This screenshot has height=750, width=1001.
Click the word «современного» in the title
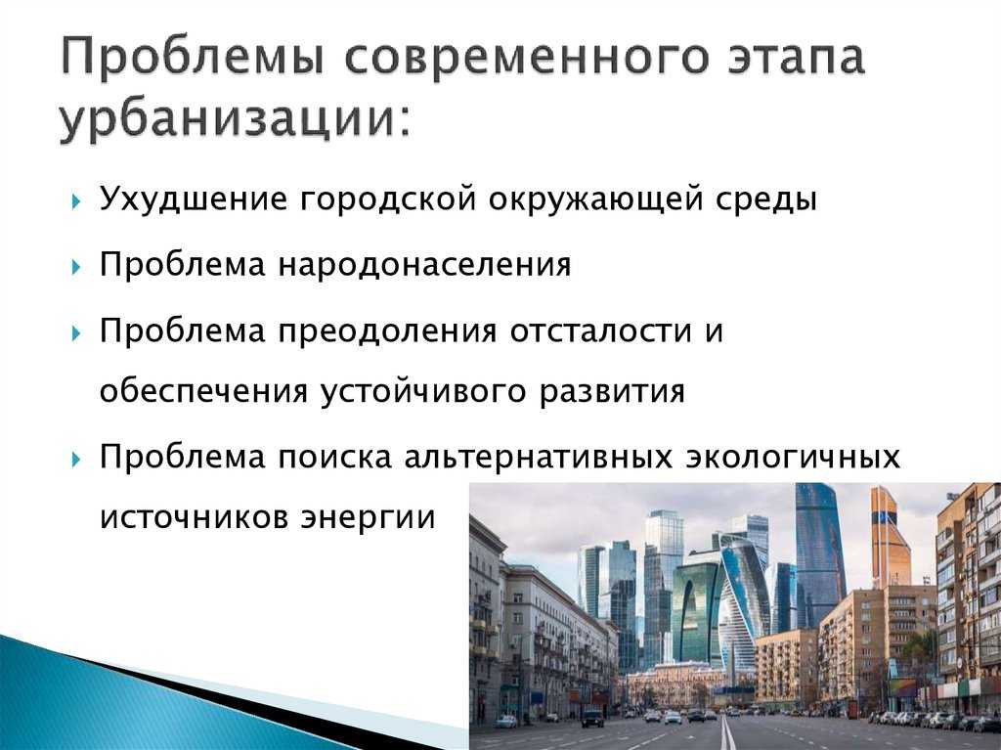[526, 57]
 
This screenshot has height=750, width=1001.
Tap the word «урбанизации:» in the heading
[234, 120]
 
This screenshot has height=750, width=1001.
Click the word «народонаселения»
[424, 265]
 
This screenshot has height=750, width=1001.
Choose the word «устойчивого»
[422, 391]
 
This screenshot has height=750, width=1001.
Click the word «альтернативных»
[539, 458]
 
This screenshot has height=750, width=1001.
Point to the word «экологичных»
[792, 458]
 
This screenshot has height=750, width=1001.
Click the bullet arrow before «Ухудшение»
[76, 201]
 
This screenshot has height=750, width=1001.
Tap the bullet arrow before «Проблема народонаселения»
[76, 266]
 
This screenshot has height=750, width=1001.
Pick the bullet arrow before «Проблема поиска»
[76, 460]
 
